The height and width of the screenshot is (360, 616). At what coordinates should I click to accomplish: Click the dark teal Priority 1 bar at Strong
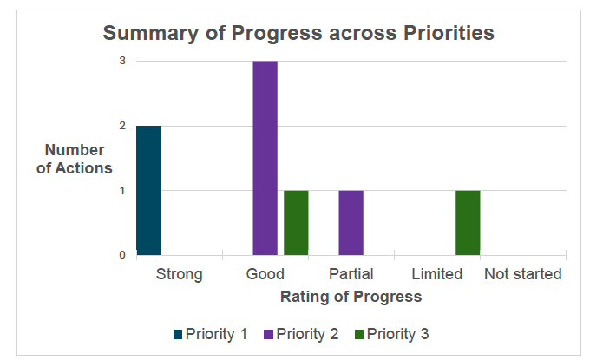pos(148,190)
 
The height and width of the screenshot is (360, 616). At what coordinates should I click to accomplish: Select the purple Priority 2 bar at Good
pos(265,158)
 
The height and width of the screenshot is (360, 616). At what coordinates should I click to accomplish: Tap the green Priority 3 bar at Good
pos(296,222)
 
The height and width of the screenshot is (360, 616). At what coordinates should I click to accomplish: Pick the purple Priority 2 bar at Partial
pos(351,222)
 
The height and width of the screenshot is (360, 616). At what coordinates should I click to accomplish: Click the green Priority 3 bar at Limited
pos(468,222)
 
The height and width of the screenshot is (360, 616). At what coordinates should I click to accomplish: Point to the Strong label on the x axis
pos(179,274)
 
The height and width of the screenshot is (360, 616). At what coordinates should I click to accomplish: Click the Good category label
pos(265,274)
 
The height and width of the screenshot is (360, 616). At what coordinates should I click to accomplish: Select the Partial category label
pos(351,274)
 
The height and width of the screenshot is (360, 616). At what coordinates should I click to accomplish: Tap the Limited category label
pos(436,274)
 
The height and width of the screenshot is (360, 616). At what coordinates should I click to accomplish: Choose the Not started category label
pos(523,274)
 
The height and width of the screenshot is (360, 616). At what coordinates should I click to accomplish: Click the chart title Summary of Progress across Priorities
pos(298,33)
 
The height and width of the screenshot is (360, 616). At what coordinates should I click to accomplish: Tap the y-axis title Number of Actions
pos(75,159)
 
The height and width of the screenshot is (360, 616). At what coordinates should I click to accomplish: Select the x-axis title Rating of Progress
pos(351,297)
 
